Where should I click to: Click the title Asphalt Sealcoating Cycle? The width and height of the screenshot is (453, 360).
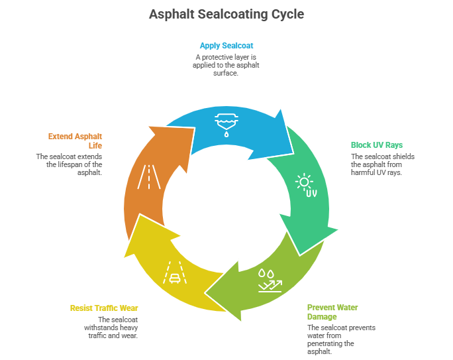pos(226,14)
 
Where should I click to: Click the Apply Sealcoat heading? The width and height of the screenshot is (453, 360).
pos(226,46)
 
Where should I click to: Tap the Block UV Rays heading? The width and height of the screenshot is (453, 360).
pos(376,145)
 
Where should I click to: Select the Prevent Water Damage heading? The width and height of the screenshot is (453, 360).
pos(332,312)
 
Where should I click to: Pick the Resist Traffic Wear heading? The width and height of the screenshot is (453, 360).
pos(104,308)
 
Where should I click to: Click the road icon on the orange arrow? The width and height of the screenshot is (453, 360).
pos(147,177)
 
